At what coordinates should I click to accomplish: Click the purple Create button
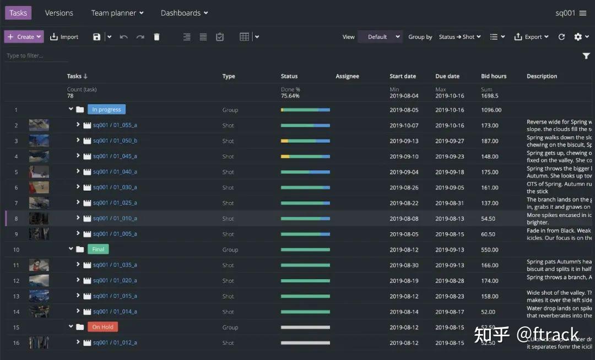point(24,37)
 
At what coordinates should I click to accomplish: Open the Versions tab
point(59,13)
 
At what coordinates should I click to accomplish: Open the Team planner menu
point(117,13)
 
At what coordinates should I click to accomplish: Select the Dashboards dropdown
point(184,13)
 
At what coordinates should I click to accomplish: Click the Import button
point(64,37)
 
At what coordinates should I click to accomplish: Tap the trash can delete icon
point(156,37)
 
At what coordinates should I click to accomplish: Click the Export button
point(531,37)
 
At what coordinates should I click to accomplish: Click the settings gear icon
point(578,37)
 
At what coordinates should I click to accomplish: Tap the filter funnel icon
point(586,56)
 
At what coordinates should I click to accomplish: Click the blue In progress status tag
point(106,110)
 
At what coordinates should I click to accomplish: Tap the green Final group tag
point(98,249)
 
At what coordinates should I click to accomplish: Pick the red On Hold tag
point(102,327)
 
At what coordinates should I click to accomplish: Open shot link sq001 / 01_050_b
point(115,141)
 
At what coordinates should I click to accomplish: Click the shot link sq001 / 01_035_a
point(115,265)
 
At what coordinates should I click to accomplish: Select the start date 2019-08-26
point(404,187)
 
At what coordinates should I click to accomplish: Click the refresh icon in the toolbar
point(561,37)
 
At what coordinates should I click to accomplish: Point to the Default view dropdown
point(380,37)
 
